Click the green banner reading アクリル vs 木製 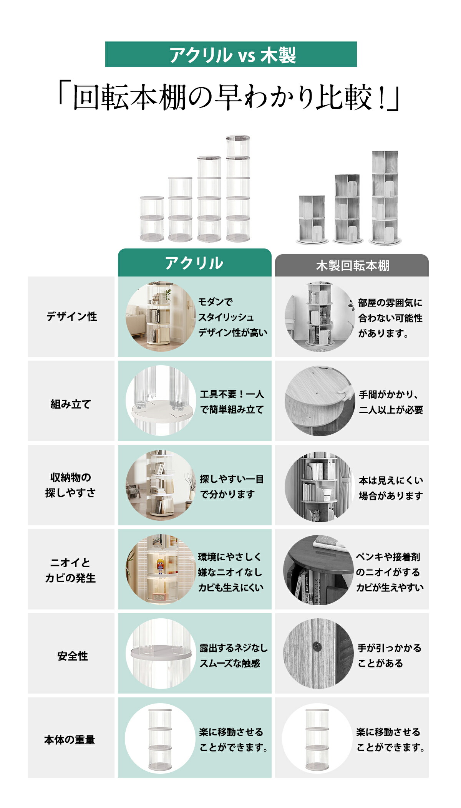point(231,55)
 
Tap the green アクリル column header point(194,263)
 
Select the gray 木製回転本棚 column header point(352,265)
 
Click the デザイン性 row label point(72,316)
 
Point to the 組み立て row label point(71,404)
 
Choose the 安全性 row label point(73,656)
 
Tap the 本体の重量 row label point(70,740)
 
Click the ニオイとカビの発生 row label point(70,570)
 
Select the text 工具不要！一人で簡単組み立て point(232,402)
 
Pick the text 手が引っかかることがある point(390,656)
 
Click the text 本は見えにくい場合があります point(391,488)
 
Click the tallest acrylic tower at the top point(238,188)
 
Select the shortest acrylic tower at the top point(152,219)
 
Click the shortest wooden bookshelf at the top point(312,220)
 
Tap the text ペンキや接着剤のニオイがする point(388,564)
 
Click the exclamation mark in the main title point(382,98)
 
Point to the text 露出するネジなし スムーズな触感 point(234,656)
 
